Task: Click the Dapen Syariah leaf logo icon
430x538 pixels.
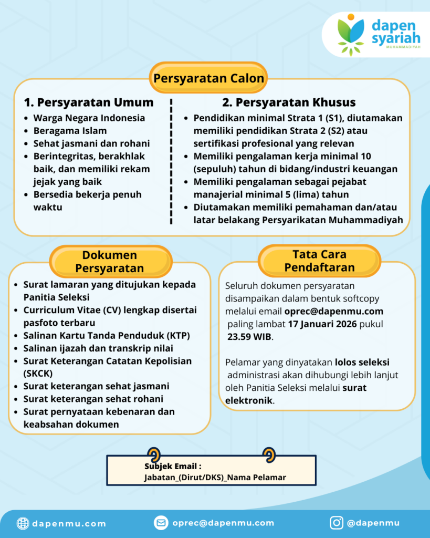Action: tap(351, 34)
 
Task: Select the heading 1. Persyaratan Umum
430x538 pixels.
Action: tap(89, 102)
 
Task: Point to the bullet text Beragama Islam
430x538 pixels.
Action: tap(70, 131)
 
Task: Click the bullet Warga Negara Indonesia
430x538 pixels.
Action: tap(89, 118)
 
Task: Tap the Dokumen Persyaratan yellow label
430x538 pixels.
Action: tap(109, 262)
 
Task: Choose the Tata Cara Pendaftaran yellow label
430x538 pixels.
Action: tap(319, 261)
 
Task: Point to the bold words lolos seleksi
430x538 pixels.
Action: tap(362, 363)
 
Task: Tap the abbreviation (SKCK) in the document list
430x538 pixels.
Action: tap(38, 374)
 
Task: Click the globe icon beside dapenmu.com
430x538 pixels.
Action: tap(23, 523)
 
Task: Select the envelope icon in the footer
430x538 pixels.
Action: tap(161, 523)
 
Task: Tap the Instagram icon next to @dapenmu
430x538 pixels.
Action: tap(337, 523)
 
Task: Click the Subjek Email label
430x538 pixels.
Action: tap(173, 466)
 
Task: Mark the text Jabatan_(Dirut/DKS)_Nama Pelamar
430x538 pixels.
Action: tap(215, 477)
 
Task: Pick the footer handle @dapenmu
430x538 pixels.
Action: tap(373, 523)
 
